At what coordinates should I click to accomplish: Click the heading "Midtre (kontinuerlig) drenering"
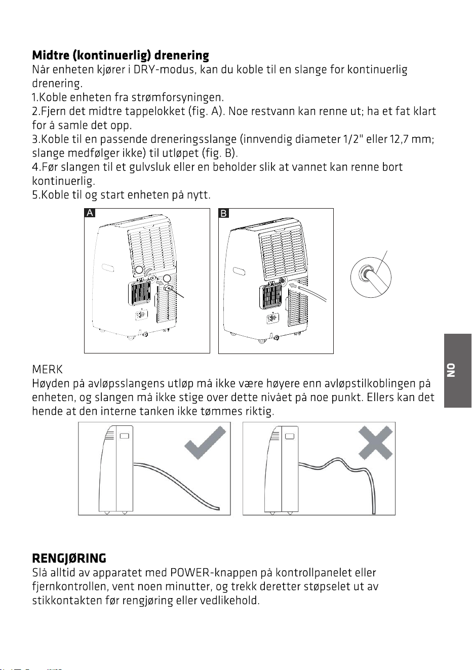[x=121, y=56]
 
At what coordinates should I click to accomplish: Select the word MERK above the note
[x=47, y=369]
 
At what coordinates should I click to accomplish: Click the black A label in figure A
[x=90, y=213]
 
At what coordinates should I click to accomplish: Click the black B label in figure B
[x=224, y=213]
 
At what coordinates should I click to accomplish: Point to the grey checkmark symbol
[x=205, y=443]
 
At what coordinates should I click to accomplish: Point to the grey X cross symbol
[x=375, y=443]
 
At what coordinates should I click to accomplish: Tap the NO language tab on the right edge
[x=458, y=371]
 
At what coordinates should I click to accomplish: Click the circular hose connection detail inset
[x=371, y=278]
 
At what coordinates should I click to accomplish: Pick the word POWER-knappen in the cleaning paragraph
[x=214, y=572]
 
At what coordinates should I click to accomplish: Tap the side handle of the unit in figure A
[x=108, y=268]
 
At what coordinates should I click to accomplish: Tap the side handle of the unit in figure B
[x=239, y=271]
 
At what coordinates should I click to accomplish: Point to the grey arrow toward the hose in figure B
[x=294, y=287]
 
